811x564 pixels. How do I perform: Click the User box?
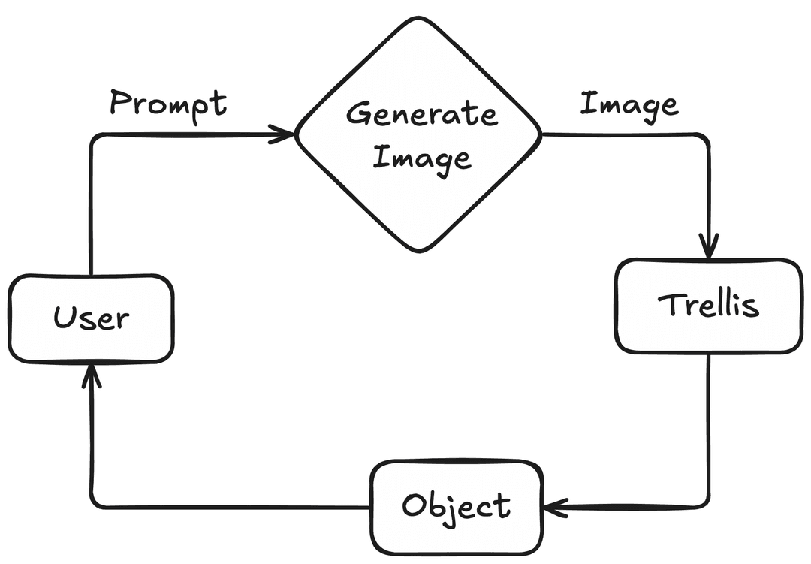pyautogui.click(x=91, y=319)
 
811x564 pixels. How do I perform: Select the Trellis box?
pyautogui.click(x=708, y=306)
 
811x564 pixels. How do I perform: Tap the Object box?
pyautogui.click(x=457, y=508)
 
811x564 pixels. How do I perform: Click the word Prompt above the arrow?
pyautogui.click(x=168, y=104)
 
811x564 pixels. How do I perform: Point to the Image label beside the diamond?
pyautogui.click(x=629, y=104)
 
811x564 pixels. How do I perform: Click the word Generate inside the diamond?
pyautogui.click(x=421, y=114)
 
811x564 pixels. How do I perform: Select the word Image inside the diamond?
pyautogui.click(x=422, y=158)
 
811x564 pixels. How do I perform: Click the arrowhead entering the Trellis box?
pyautogui.click(x=708, y=246)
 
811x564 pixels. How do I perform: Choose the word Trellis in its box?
pyautogui.click(x=708, y=305)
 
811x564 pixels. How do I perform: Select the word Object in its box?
pyautogui.click(x=457, y=506)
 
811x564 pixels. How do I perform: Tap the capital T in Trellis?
pyautogui.click(x=668, y=304)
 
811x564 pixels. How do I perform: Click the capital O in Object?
pyautogui.click(x=414, y=505)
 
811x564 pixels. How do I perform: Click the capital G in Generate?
pyautogui.click(x=359, y=114)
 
